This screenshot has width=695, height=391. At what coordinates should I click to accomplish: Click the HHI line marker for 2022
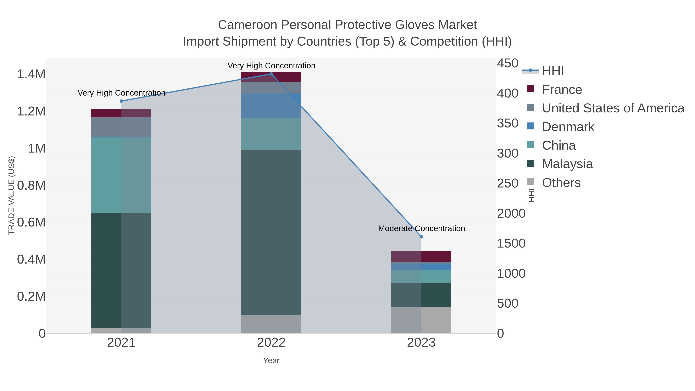(x=271, y=74)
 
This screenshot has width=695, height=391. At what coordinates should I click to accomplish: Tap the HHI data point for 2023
(x=421, y=237)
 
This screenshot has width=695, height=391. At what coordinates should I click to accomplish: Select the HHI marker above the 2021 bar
(x=121, y=101)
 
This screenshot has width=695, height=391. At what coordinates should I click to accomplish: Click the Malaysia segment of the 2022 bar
(x=271, y=232)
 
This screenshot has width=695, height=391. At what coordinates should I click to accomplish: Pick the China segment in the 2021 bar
(x=121, y=175)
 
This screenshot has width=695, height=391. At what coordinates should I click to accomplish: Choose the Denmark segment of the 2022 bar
(x=271, y=106)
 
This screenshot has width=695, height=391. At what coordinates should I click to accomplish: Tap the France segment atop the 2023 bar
(x=421, y=257)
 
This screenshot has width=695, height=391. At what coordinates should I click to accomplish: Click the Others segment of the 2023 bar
(x=421, y=320)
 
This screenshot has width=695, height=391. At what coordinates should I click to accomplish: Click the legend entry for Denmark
(x=568, y=127)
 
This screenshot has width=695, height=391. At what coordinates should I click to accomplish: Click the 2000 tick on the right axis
(x=511, y=213)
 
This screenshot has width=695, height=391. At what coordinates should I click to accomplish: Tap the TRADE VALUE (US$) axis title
(x=11, y=195)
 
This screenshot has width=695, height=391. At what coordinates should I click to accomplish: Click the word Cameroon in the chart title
(x=247, y=25)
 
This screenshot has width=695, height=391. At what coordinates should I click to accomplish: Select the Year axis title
(x=271, y=360)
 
